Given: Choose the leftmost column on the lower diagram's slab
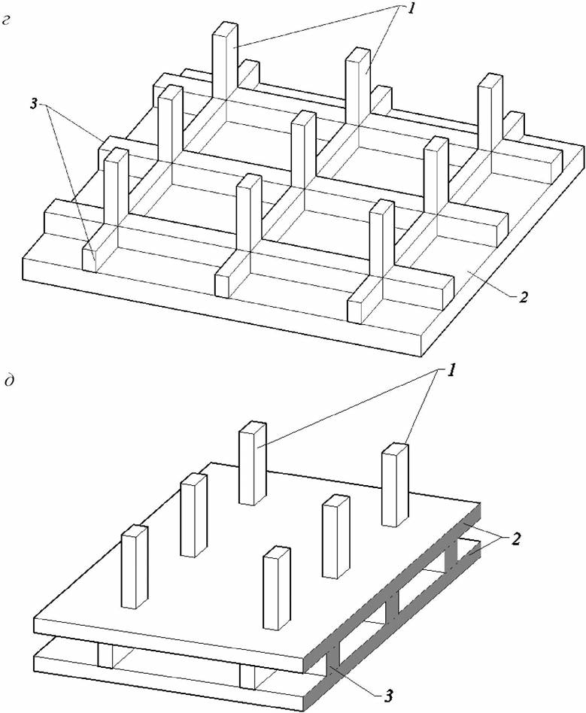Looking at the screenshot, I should [x=134, y=566].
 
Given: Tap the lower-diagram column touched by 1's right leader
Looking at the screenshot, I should [x=395, y=485].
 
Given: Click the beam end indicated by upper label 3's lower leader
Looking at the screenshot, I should [x=90, y=256].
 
